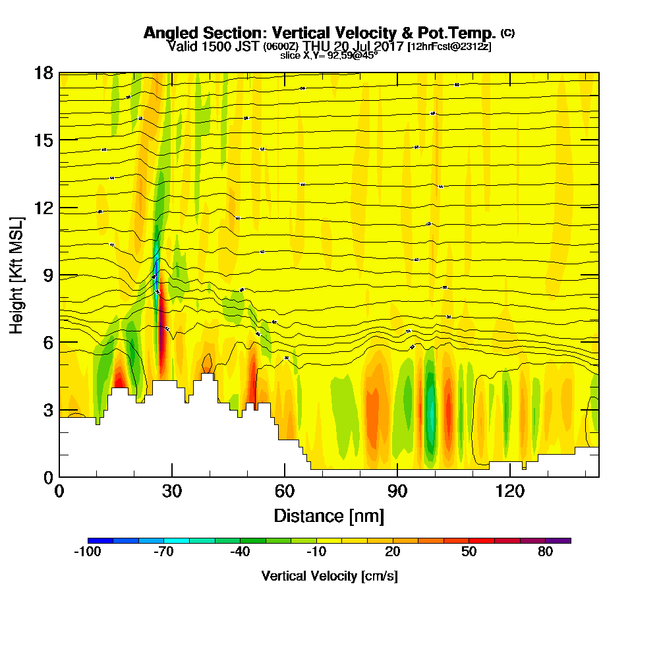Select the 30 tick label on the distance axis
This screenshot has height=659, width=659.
172,492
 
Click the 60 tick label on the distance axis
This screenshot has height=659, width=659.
285,492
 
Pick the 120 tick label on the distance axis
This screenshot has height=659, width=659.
509,492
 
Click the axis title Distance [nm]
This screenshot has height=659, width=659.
329,515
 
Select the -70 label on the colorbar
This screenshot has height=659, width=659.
163,552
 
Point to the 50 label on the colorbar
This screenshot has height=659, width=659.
469,552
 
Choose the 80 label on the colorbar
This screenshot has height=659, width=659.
545,552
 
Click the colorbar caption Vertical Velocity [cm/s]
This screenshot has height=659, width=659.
329,576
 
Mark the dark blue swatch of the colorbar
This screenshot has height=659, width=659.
100,540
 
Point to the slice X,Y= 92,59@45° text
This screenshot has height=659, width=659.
329,55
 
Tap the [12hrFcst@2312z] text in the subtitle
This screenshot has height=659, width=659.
449,46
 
